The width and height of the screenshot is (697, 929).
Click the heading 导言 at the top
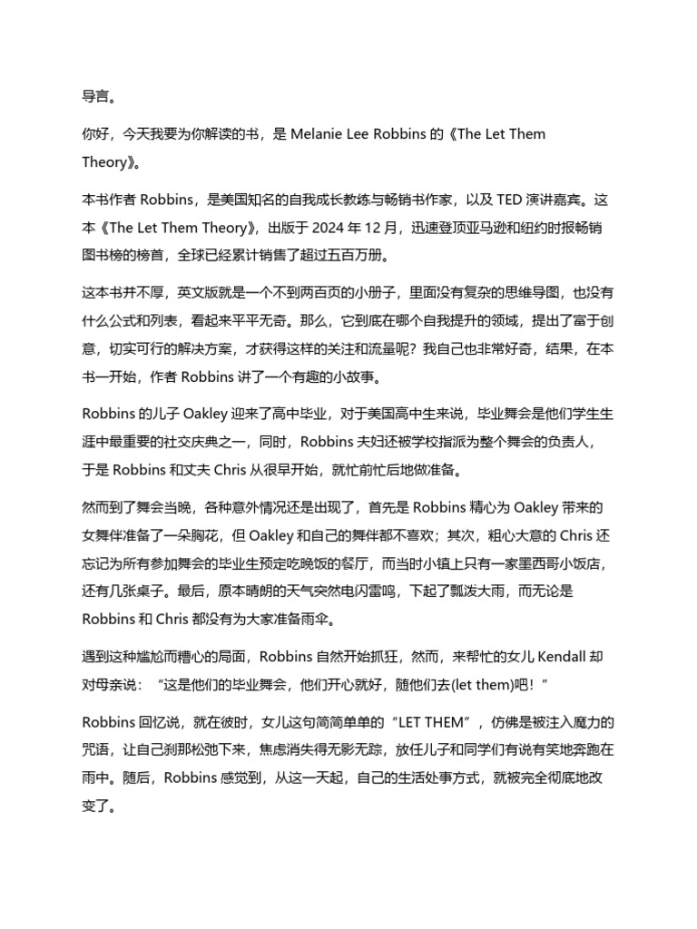98,93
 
